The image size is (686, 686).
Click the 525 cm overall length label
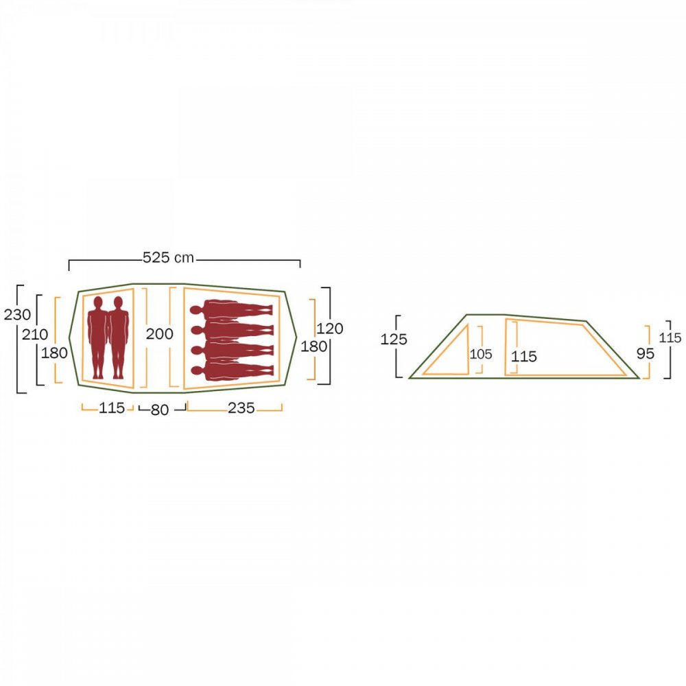(169, 258)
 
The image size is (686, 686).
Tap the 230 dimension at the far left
(17, 315)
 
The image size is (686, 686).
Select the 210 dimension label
(35, 335)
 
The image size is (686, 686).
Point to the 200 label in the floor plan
(160, 334)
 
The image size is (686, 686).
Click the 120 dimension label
(329, 329)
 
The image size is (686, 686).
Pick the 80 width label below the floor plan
(160, 410)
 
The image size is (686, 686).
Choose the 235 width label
(241, 408)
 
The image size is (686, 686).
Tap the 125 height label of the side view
(394, 339)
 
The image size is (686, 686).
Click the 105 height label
(481, 354)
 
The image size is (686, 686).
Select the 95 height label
(646, 353)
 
